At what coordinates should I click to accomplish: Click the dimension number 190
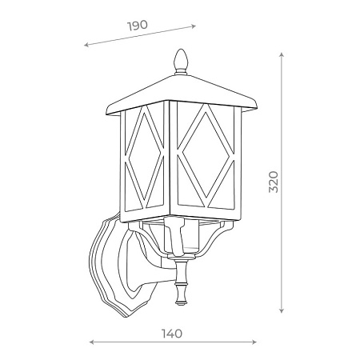(138, 25)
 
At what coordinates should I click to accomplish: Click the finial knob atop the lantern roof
(181, 60)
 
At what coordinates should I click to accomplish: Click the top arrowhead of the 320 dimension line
(282, 56)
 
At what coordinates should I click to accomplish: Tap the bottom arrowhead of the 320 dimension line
(282, 310)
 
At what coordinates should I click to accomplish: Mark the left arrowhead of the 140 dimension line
(90, 342)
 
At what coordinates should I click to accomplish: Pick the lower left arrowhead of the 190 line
(86, 46)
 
